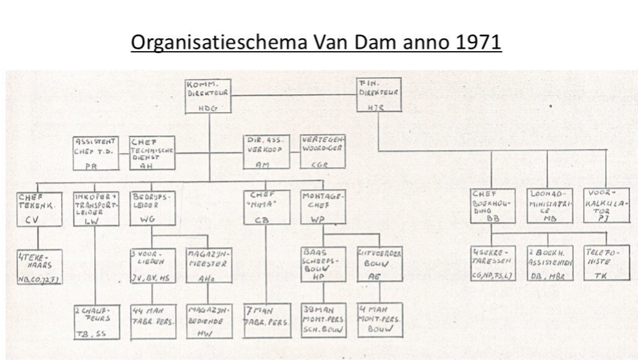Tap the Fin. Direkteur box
point(378,95)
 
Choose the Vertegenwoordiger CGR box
point(320,151)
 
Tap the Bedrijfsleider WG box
point(151,209)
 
